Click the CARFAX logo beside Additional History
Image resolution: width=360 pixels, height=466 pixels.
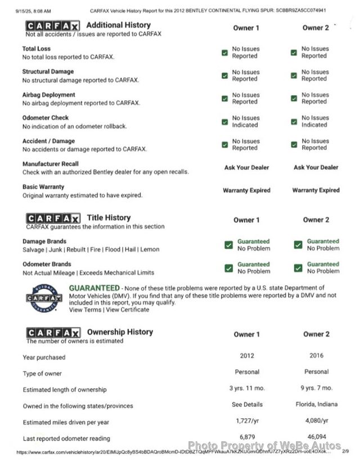pyautogui.click(x=52, y=26)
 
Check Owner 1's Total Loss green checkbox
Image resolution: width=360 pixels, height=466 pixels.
pyautogui.click(x=224, y=52)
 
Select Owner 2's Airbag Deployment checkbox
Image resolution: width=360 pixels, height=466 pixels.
pyautogui.click(x=294, y=98)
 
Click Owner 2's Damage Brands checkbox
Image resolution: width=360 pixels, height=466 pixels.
pyautogui.click(x=298, y=245)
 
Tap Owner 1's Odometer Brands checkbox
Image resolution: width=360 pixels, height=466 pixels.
pyautogui.click(x=228, y=268)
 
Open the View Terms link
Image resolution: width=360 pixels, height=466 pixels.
pyautogui.click(x=85, y=310)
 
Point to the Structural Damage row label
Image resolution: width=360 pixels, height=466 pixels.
pyautogui.click(x=48, y=72)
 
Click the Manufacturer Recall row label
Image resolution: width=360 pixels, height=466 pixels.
pyautogui.click(x=51, y=164)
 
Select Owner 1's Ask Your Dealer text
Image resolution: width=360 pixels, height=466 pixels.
pyautogui.click(x=246, y=167)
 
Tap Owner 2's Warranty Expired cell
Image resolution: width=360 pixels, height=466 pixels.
pyautogui.click(x=316, y=190)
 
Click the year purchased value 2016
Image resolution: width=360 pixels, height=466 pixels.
pyautogui.click(x=316, y=356)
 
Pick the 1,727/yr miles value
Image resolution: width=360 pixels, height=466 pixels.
pyautogui.click(x=246, y=420)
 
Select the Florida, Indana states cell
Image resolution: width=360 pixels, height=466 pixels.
pyautogui.click(x=316, y=404)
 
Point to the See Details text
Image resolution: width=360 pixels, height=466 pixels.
pyautogui.click(x=247, y=404)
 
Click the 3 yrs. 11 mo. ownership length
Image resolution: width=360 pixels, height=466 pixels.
pyautogui.click(x=246, y=388)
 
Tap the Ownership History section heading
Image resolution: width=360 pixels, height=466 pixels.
pyautogui.click(x=120, y=332)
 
